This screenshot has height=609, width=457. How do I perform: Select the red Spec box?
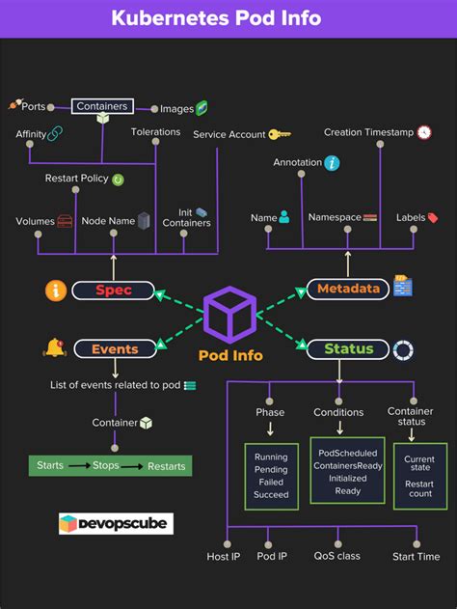click(113, 290)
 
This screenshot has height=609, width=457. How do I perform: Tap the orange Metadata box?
click(348, 289)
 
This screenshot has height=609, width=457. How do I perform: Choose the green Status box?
click(348, 349)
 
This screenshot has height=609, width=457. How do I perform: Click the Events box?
click(114, 349)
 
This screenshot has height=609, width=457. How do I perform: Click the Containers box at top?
click(101, 107)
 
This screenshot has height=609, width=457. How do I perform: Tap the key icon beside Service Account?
click(280, 135)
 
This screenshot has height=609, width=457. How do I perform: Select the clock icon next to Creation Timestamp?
click(424, 132)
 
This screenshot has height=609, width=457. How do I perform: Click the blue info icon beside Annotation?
click(332, 163)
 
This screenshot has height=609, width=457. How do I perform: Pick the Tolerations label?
click(155, 132)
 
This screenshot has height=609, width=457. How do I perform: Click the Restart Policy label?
click(76, 179)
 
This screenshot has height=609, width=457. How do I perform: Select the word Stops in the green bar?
click(106, 466)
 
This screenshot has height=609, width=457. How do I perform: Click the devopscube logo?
click(116, 524)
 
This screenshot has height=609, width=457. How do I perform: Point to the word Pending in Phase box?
click(271, 471)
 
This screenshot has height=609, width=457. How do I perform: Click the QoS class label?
click(336, 557)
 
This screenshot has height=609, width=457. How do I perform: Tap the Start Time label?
click(416, 557)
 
